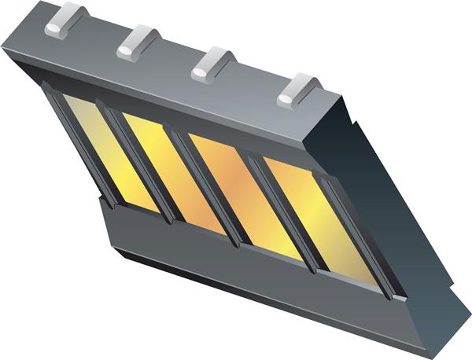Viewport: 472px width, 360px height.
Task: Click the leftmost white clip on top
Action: point(65,20)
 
